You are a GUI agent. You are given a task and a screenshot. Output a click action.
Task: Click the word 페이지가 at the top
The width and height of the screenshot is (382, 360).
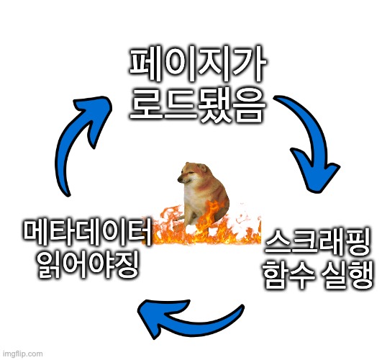point(197,63)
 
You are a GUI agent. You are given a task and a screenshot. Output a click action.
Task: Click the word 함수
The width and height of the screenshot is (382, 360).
point(288,274)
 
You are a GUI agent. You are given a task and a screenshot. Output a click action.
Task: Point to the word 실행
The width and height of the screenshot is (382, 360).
point(347,274)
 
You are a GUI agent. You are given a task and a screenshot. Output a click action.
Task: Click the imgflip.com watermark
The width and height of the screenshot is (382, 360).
point(23,354)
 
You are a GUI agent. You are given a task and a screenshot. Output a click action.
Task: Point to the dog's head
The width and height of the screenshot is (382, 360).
point(194,174)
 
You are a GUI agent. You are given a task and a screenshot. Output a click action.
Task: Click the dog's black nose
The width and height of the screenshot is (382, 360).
point(180,180)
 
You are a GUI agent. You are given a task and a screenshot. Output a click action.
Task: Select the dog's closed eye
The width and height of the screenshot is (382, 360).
point(191,172)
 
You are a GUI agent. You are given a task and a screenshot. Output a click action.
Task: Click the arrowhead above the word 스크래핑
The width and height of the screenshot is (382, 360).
point(316,171)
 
